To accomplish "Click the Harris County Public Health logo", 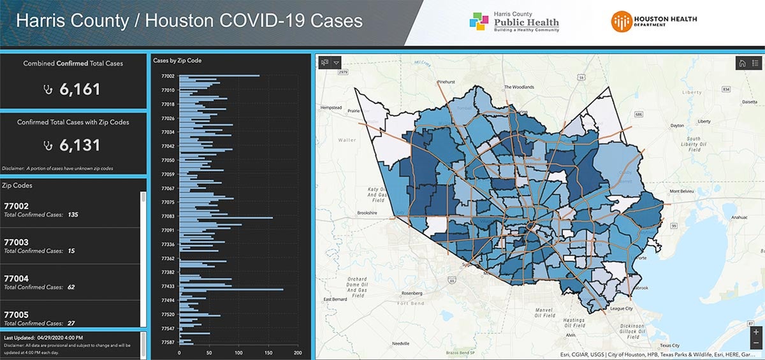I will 514,22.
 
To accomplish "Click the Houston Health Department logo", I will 654,22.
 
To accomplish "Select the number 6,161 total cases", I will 80,89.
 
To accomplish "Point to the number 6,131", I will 80,145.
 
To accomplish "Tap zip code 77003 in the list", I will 17,242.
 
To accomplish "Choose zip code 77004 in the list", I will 17,278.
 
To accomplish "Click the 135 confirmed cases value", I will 73,215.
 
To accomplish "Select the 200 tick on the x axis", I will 298,352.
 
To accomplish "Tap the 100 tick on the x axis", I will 238,352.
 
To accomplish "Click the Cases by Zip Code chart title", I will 177,61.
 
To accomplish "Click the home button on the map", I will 741,62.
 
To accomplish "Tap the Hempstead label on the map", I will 332,108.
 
